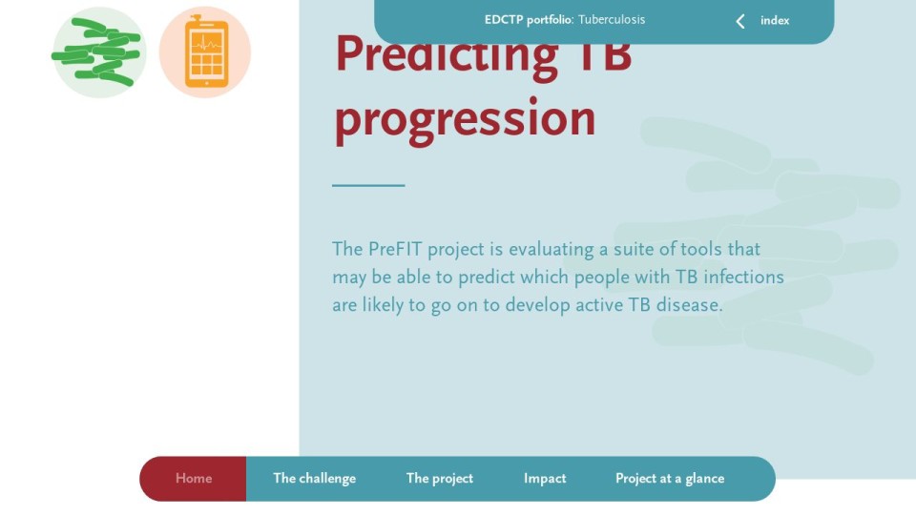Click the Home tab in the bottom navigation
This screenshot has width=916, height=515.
click(194, 478)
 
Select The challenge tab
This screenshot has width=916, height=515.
click(314, 478)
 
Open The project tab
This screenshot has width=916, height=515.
click(439, 478)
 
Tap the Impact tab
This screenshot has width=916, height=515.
click(545, 478)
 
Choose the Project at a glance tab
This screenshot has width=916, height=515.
click(670, 478)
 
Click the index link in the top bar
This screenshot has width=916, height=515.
click(775, 20)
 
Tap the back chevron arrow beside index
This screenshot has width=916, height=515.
click(740, 22)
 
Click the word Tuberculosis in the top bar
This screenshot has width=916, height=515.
click(612, 19)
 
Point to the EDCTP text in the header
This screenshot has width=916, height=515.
click(504, 20)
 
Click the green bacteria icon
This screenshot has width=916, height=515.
click(98, 51)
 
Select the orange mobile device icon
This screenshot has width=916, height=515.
click(206, 51)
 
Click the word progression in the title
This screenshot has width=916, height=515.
click(465, 118)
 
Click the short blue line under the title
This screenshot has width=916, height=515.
click(368, 185)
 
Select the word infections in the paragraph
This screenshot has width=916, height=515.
click(743, 277)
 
